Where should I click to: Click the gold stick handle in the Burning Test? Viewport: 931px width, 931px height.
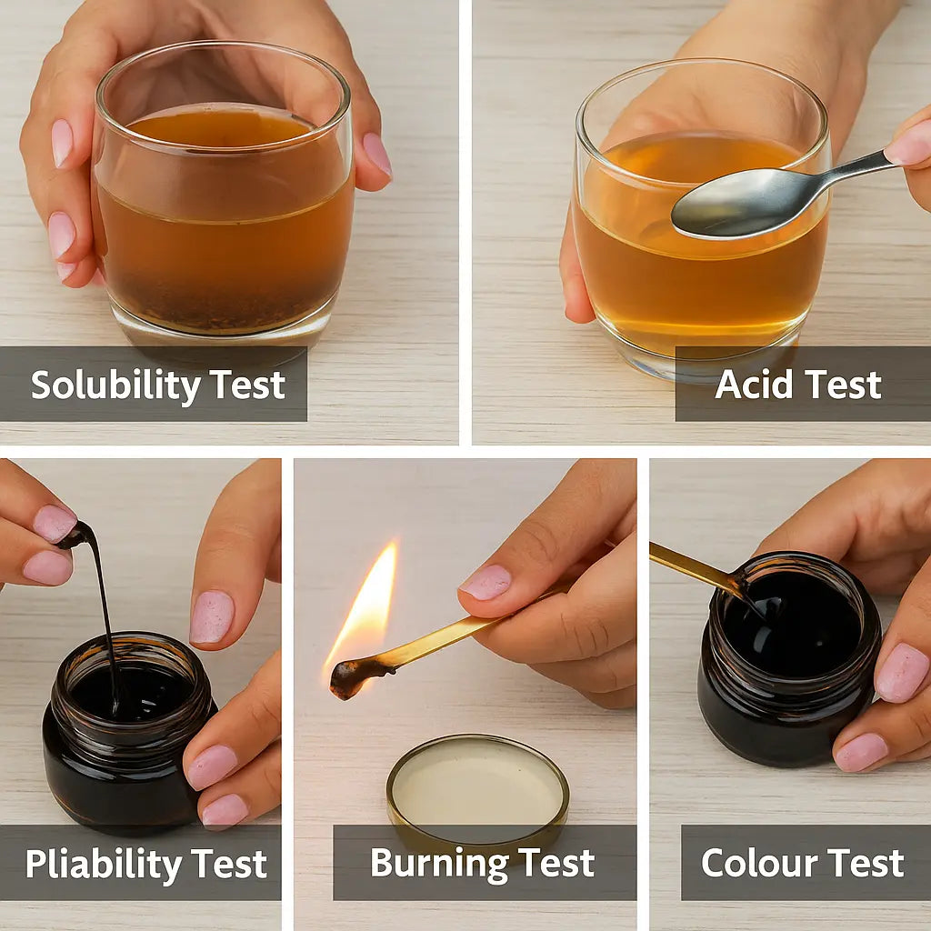(x=455, y=636)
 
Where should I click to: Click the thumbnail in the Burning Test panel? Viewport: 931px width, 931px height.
(x=486, y=583)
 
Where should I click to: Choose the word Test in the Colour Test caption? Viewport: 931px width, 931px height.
(x=864, y=863)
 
